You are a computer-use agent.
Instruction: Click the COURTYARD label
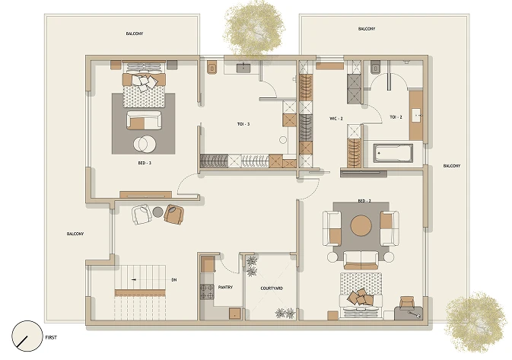tap(272, 288)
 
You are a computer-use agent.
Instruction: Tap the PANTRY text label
tap(225, 287)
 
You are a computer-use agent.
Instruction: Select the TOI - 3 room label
tap(243, 124)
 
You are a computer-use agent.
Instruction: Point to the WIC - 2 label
tap(336, 119)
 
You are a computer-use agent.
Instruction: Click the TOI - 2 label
tap(396, 117)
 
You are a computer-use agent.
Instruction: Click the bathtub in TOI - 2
tap(393, 153)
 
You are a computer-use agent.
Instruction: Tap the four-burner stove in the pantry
tap(207, 292)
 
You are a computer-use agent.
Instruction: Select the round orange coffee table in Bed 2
tap(361, 225)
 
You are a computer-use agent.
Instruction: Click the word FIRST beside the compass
tap(51, 337)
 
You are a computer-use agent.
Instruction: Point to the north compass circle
tap(27, 336)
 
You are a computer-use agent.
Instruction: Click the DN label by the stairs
tap(174, 280)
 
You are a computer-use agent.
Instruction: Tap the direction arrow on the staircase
tap(134, 280)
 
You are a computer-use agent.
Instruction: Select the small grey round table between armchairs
tap(157, 212)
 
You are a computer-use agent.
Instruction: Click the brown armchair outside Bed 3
tap(174, 215)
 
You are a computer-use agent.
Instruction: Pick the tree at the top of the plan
tap(253, 27)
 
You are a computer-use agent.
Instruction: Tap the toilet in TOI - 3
tap(212, 68)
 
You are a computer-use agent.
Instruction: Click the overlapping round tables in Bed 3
tap(145, 144)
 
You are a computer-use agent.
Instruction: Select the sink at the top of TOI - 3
tap(243, 68)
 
